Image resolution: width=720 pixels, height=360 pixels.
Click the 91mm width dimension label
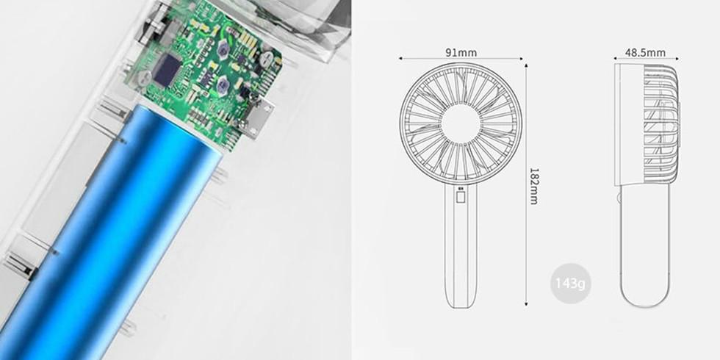(461, 52)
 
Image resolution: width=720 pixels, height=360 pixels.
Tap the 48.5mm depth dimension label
(645, 52)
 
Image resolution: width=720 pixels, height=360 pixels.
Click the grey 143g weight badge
(570, 283)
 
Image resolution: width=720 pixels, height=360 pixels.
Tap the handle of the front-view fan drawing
(460, 250)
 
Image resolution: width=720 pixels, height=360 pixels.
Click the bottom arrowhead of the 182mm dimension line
(527, 303)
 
